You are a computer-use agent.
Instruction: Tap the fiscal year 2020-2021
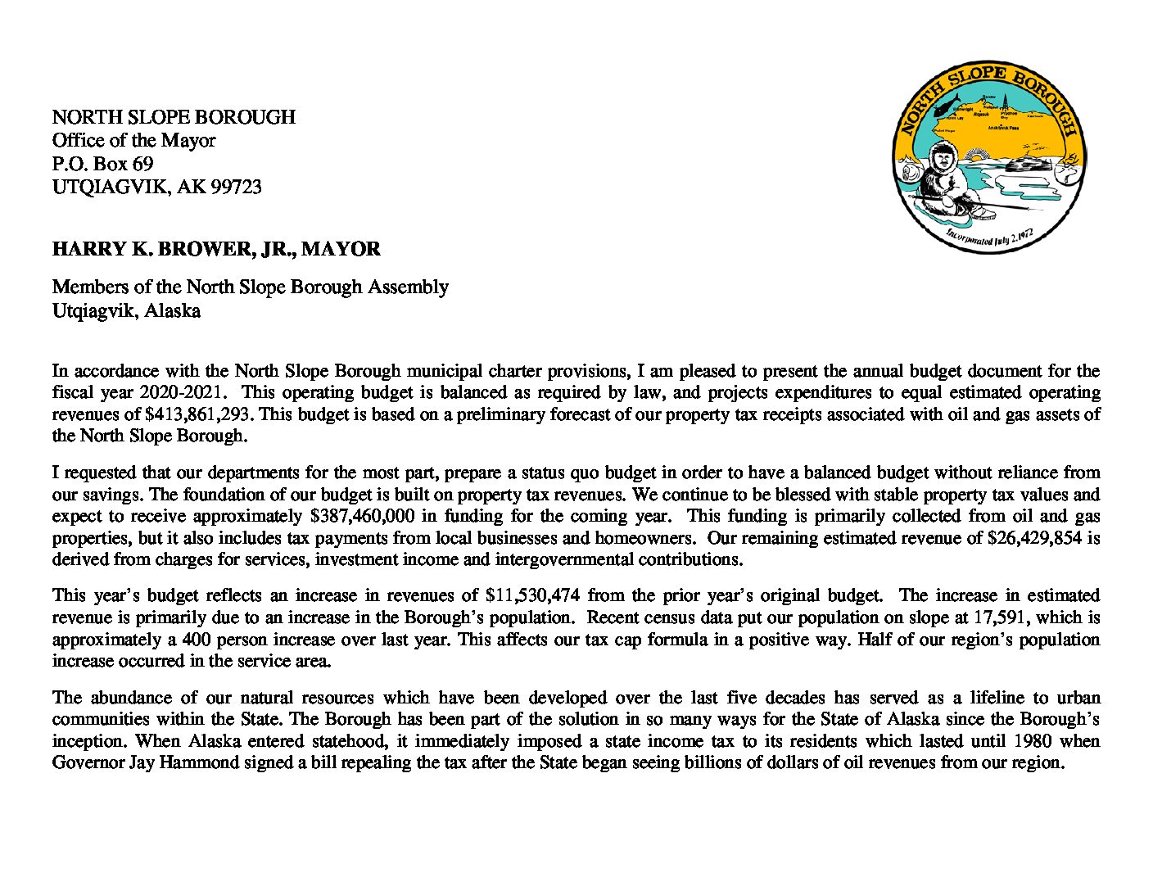191,392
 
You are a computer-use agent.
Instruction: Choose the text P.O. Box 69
102,164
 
